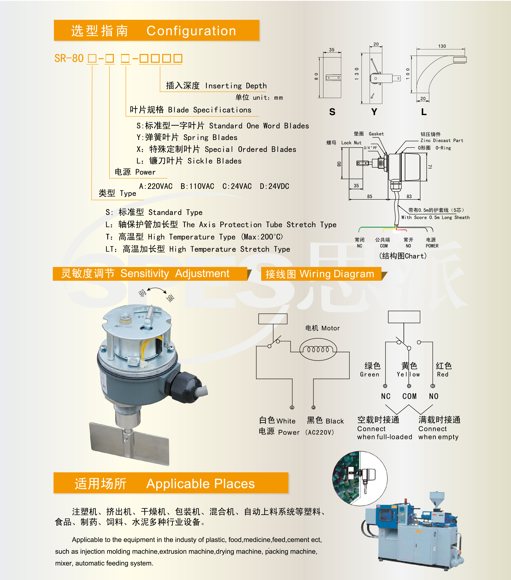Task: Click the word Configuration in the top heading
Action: coord(191,31)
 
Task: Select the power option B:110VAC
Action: coord(197,186)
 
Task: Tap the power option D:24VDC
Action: coord(275,186)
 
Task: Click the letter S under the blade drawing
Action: coord(332,112)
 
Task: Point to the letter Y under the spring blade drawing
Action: coord(374,112)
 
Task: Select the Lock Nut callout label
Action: coord(351,143)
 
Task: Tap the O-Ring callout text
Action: coord(443,148)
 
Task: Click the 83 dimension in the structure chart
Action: coord(409,196)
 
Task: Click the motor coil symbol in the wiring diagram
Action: coord(318,350)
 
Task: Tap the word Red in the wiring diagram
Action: coord(443,375)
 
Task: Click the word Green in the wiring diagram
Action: coord(370,375)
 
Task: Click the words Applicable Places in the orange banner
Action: coord(200,484)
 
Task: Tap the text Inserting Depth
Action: coord(236,86)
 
